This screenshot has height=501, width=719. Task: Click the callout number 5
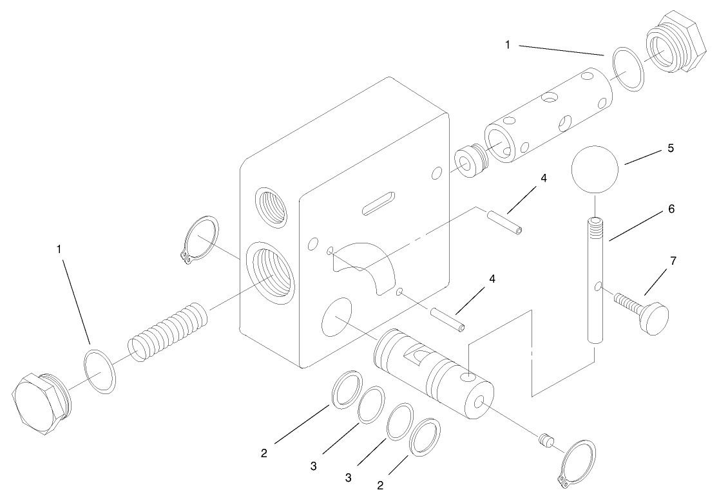[670, 148]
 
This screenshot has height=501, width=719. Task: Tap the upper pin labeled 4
[504, 222]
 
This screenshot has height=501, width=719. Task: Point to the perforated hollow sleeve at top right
[548, 116]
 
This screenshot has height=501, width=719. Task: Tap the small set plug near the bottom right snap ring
[546, 440]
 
